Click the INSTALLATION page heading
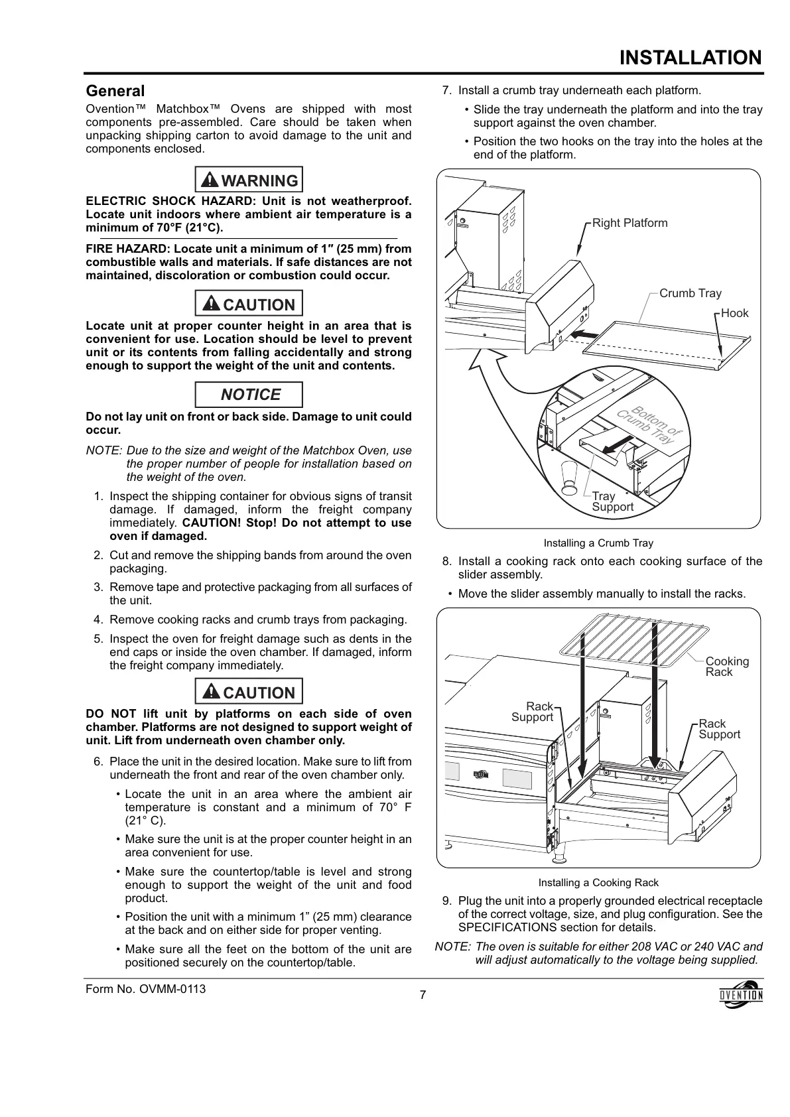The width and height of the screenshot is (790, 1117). (691, 58)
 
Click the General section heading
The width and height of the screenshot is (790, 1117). (115, 91)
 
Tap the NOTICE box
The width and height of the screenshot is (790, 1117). (249, 395)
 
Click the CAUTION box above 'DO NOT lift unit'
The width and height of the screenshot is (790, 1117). (249, 692)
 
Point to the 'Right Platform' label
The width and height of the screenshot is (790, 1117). (629, 223)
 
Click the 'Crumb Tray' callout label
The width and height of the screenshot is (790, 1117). (690, 293)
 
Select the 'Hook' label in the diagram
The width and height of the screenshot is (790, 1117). (734, 313)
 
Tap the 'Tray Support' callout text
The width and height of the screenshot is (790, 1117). (612, 501)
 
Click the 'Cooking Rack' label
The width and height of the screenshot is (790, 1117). (726, 667)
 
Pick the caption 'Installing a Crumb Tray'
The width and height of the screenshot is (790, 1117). (598, 543)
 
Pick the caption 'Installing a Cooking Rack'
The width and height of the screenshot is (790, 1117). (598, 883)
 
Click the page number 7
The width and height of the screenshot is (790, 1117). (423, 995)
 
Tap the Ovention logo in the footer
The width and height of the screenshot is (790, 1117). (741, 994)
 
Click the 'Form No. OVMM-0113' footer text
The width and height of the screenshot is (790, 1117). (146, 989)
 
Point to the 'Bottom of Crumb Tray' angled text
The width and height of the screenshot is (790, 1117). (649, 425)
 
